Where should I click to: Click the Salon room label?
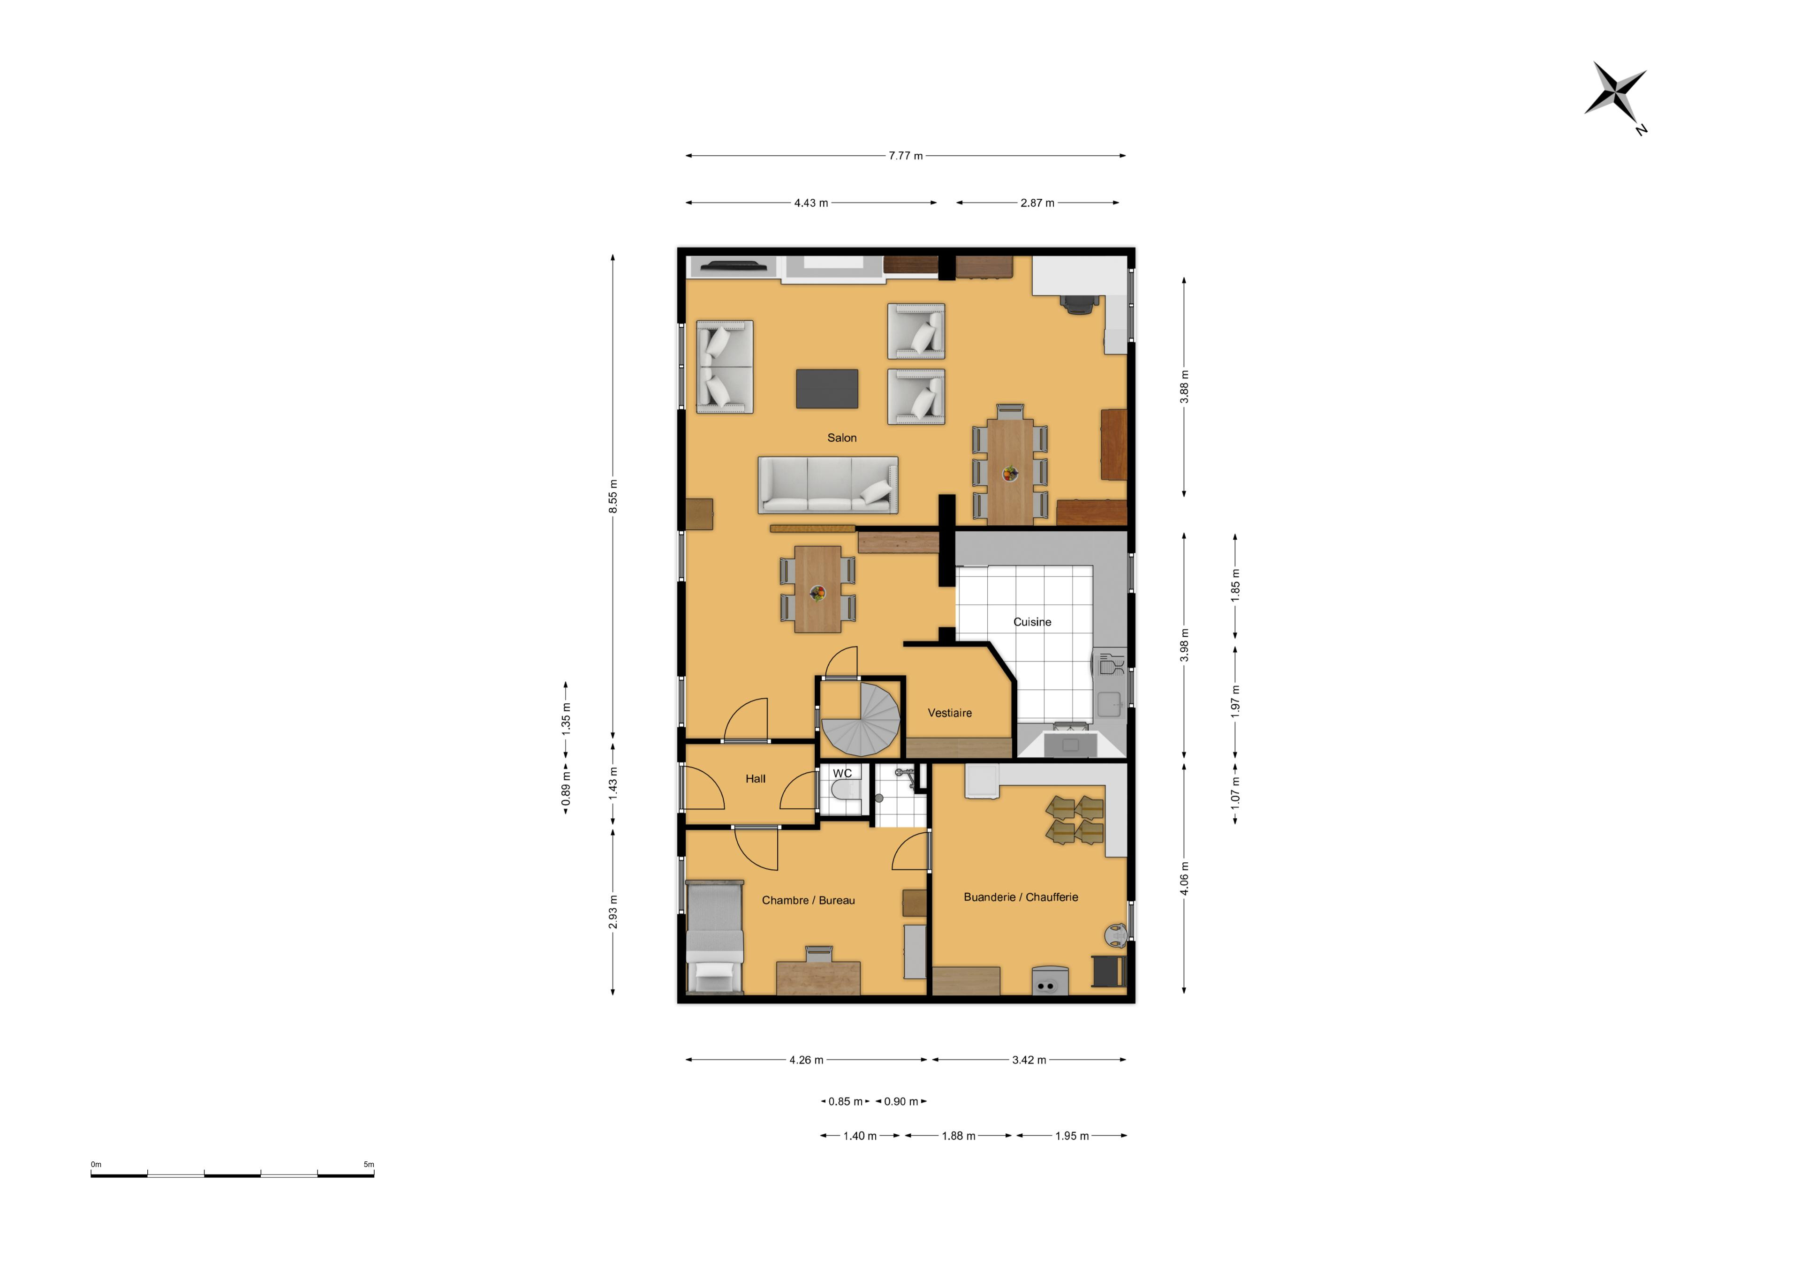pyautogui.click(x=842, y=437)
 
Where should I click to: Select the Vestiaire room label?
pyautogui.click(x=949, y=713)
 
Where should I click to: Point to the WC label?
pyautogui.click(x=842, y=773)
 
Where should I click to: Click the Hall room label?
pyautogui.click(x=756, y=779)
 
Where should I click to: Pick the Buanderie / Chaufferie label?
pyautogui.click(x=1021, y=897)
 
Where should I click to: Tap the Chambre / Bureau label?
pyautogui.click(x=808, y=900)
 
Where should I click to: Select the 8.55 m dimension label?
pyautogui.click(x=613, y=497)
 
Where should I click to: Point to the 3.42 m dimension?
pyautogui.click(x=1029, y=1060)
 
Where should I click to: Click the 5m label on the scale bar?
pyautogui.click(x=369, y=1165)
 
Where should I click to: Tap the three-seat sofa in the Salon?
pyautogui.click(x=827, y=485)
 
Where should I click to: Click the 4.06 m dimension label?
pyautogui.click(x=1184, y=879)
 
